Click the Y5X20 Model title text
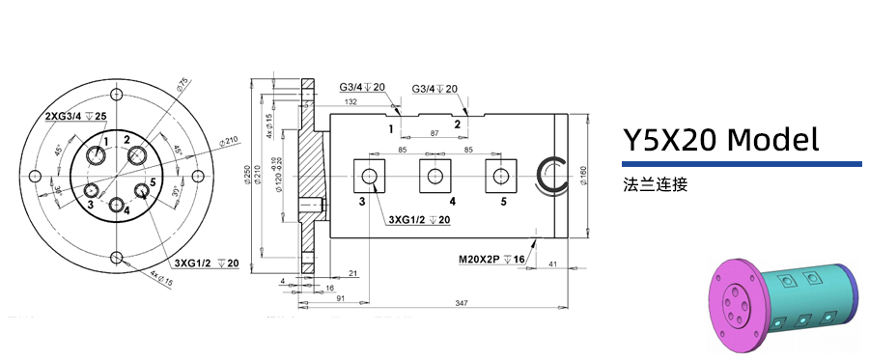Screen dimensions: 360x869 [x=720, y=141]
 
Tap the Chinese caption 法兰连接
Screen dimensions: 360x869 [x=656, y=183]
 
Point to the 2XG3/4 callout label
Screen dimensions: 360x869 [x=75, y=117]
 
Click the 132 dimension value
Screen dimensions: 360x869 [x=350, y=102]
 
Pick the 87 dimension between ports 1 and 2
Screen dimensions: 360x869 [x=434, y=132]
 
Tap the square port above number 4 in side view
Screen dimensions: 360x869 [x=434, y=175]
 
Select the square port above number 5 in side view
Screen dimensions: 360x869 [x=498, y=175]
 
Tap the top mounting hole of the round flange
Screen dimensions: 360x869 [x=117, y=94]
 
